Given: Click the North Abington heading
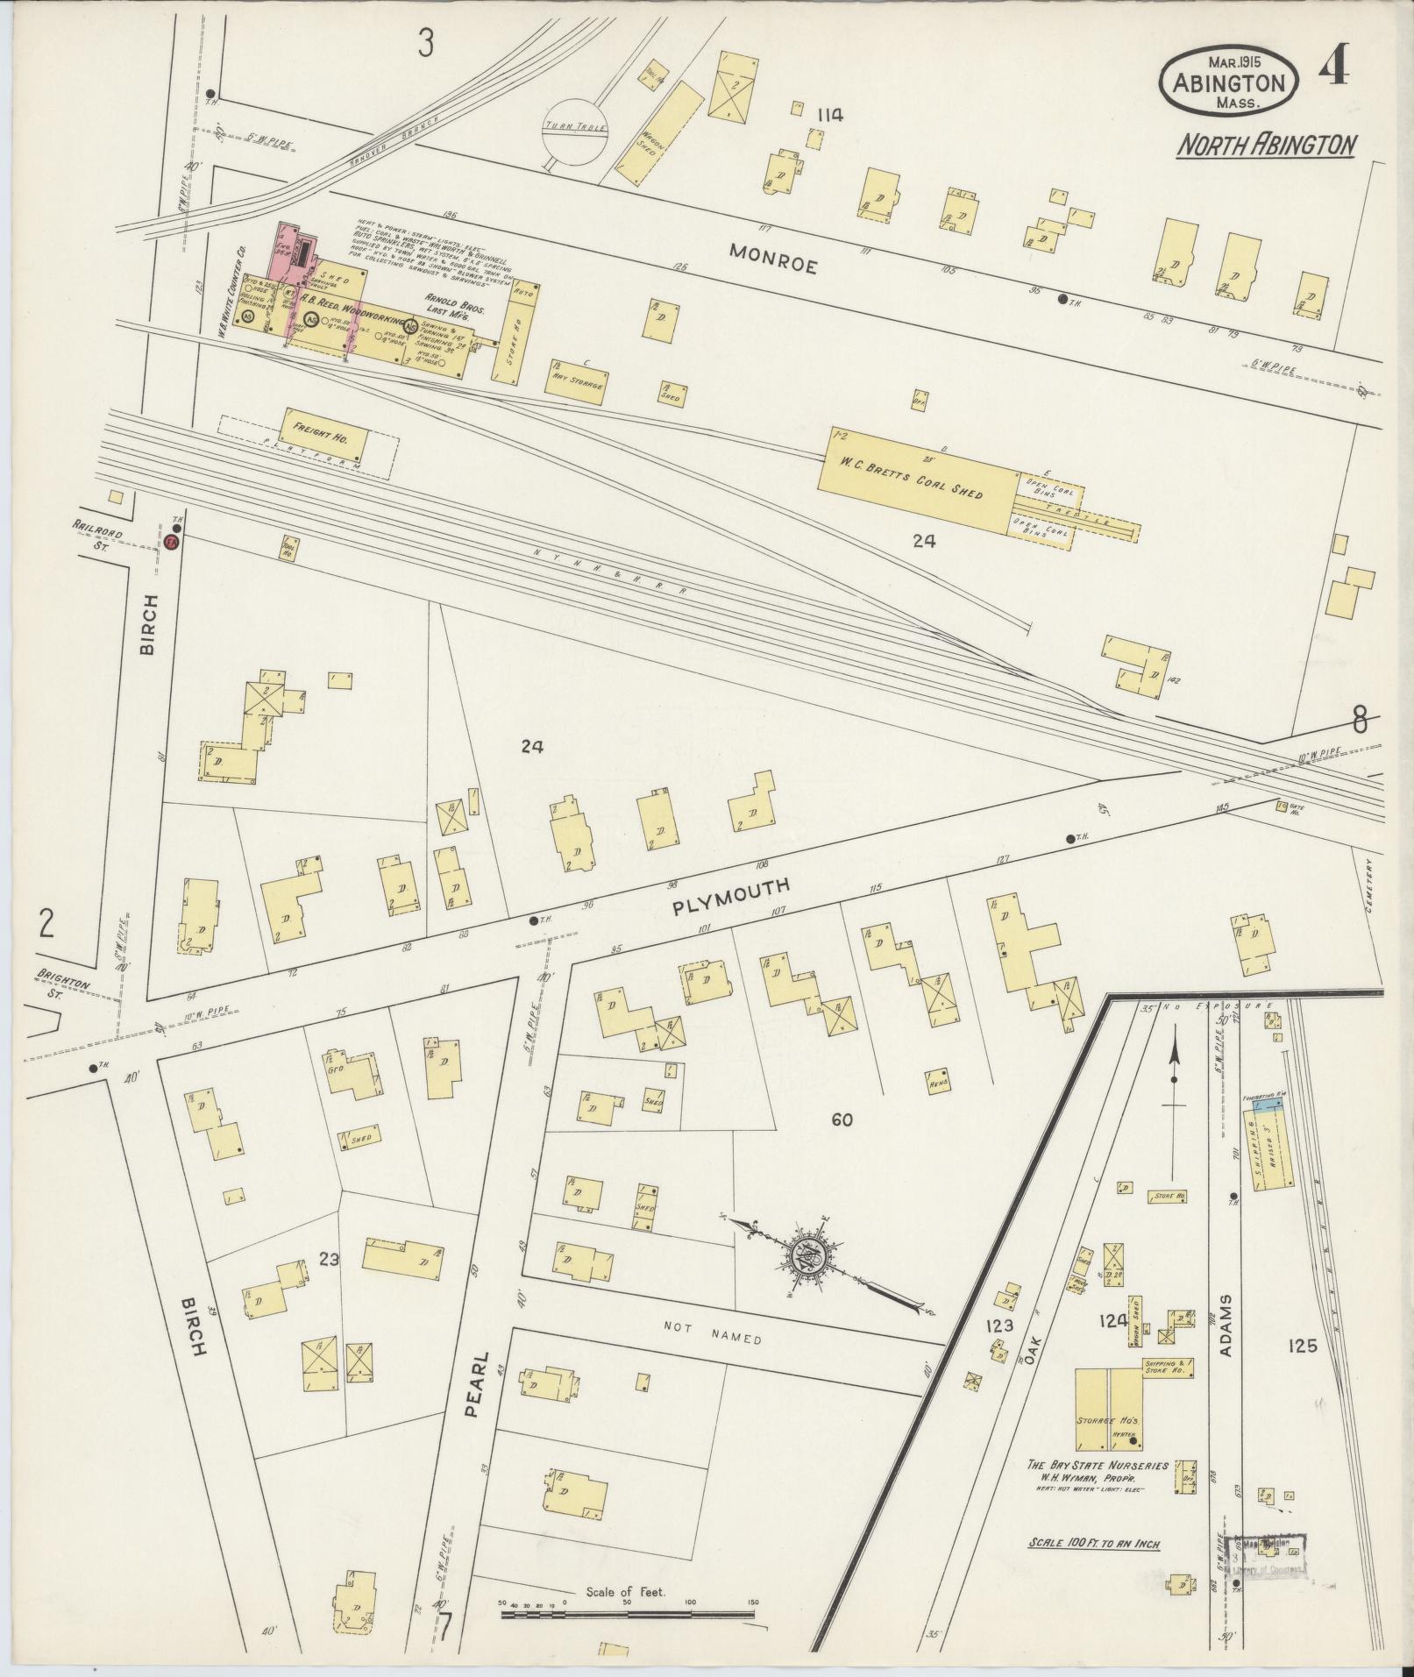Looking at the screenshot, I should [1267, 145].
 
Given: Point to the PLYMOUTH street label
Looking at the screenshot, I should [731, 897].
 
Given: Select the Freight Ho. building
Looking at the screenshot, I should [321, 436].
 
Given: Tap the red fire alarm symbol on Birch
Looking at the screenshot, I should [171, 543].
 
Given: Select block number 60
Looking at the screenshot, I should [842, 1119].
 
